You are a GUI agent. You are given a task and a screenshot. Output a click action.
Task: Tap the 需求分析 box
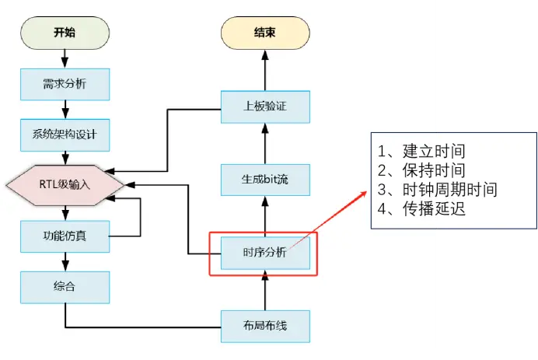65,83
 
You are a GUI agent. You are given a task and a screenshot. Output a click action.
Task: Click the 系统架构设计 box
65,135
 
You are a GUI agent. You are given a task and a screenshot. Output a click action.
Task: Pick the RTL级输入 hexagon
65,185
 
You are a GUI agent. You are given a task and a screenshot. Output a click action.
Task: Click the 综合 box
65,286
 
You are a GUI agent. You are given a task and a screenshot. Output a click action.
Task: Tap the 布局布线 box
265,325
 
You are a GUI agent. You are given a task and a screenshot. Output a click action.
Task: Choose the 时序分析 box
265,253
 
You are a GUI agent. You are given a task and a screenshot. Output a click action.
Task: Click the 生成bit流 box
265,180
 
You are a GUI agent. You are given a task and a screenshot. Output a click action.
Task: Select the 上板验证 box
265,107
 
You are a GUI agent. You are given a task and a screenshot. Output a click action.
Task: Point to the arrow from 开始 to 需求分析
65,58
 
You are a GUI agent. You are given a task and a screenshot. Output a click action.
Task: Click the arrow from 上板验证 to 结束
264,70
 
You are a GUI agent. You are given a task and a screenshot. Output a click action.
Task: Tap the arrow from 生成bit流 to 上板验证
265,143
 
